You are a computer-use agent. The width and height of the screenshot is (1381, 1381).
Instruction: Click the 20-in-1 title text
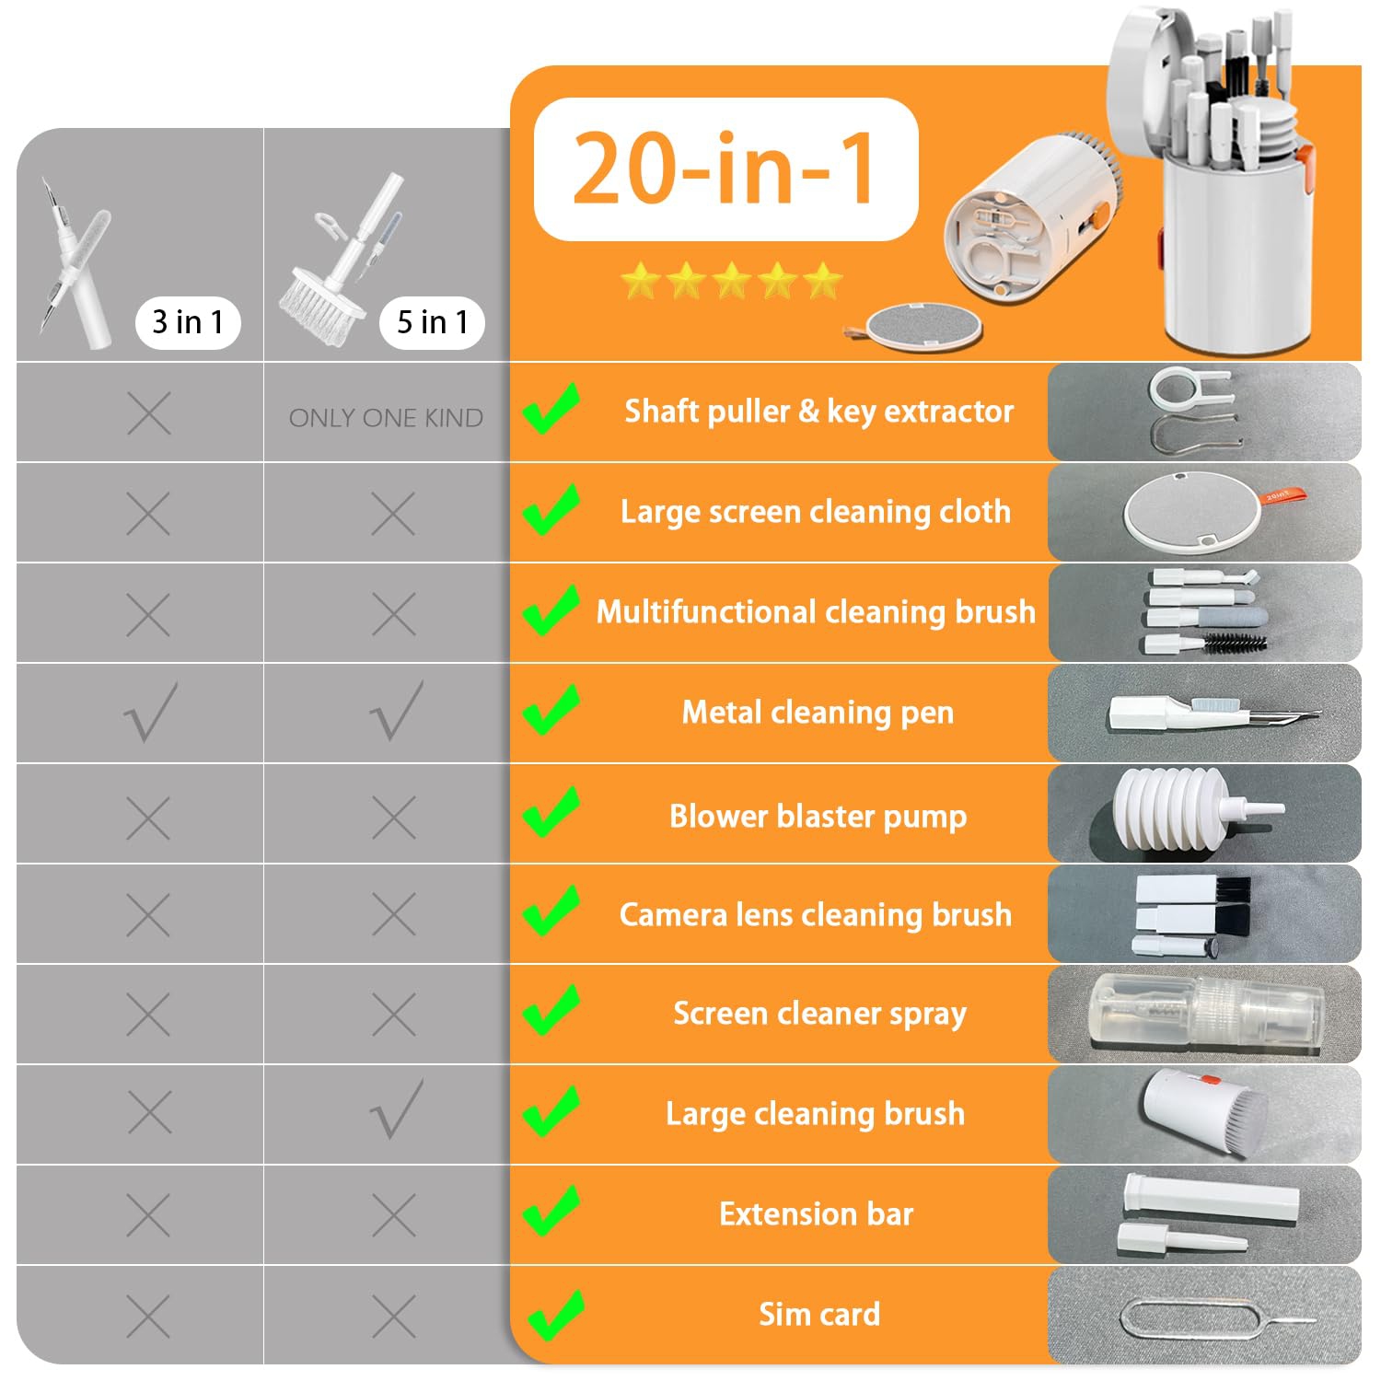pyautogui.click(x=725, y=168)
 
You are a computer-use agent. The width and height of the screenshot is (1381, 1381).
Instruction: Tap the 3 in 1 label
pyautogui.click(x=188, y=322)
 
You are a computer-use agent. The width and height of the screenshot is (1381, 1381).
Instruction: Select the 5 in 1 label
pyautogui.click(x=432, y=322)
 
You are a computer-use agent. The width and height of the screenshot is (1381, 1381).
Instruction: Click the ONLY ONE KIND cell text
pyautogui.click(x=386, y=418)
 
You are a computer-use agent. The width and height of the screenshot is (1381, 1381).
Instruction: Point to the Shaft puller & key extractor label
pyautogui.click(x=818, y=412)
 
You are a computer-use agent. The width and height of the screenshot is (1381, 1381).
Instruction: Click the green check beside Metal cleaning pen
pyautogui.click(x=551, y=711)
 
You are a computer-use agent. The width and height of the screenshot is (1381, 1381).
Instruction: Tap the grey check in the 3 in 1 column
pyautogui.click(x=150, y=713)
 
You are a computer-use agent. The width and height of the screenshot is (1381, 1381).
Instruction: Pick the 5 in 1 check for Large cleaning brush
pyautogui.click(x=397, y=1110)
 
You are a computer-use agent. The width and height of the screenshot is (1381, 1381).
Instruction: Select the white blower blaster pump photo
pyautogui.click(x=1188, y=810)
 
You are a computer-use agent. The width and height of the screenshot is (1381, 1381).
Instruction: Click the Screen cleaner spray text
pyautogui.click(x=819, y=1014)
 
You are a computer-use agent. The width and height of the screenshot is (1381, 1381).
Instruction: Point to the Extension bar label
pyautogui.click(x=816, y=1214)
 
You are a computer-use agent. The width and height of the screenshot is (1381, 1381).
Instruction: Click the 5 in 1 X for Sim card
pyautogui.click(x=394, y=1317)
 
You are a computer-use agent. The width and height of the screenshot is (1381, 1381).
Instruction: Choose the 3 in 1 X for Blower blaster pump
pyautogui.click(x=149, y=817)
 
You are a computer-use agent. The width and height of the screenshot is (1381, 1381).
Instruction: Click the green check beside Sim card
pyautogui.click(x=552, y=1315)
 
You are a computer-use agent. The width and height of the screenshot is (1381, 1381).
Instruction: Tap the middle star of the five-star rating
pyautogui.click(x=732, y=280)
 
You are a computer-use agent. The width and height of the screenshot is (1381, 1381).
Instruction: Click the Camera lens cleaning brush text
pyautogui.click(x=816, y=914)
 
